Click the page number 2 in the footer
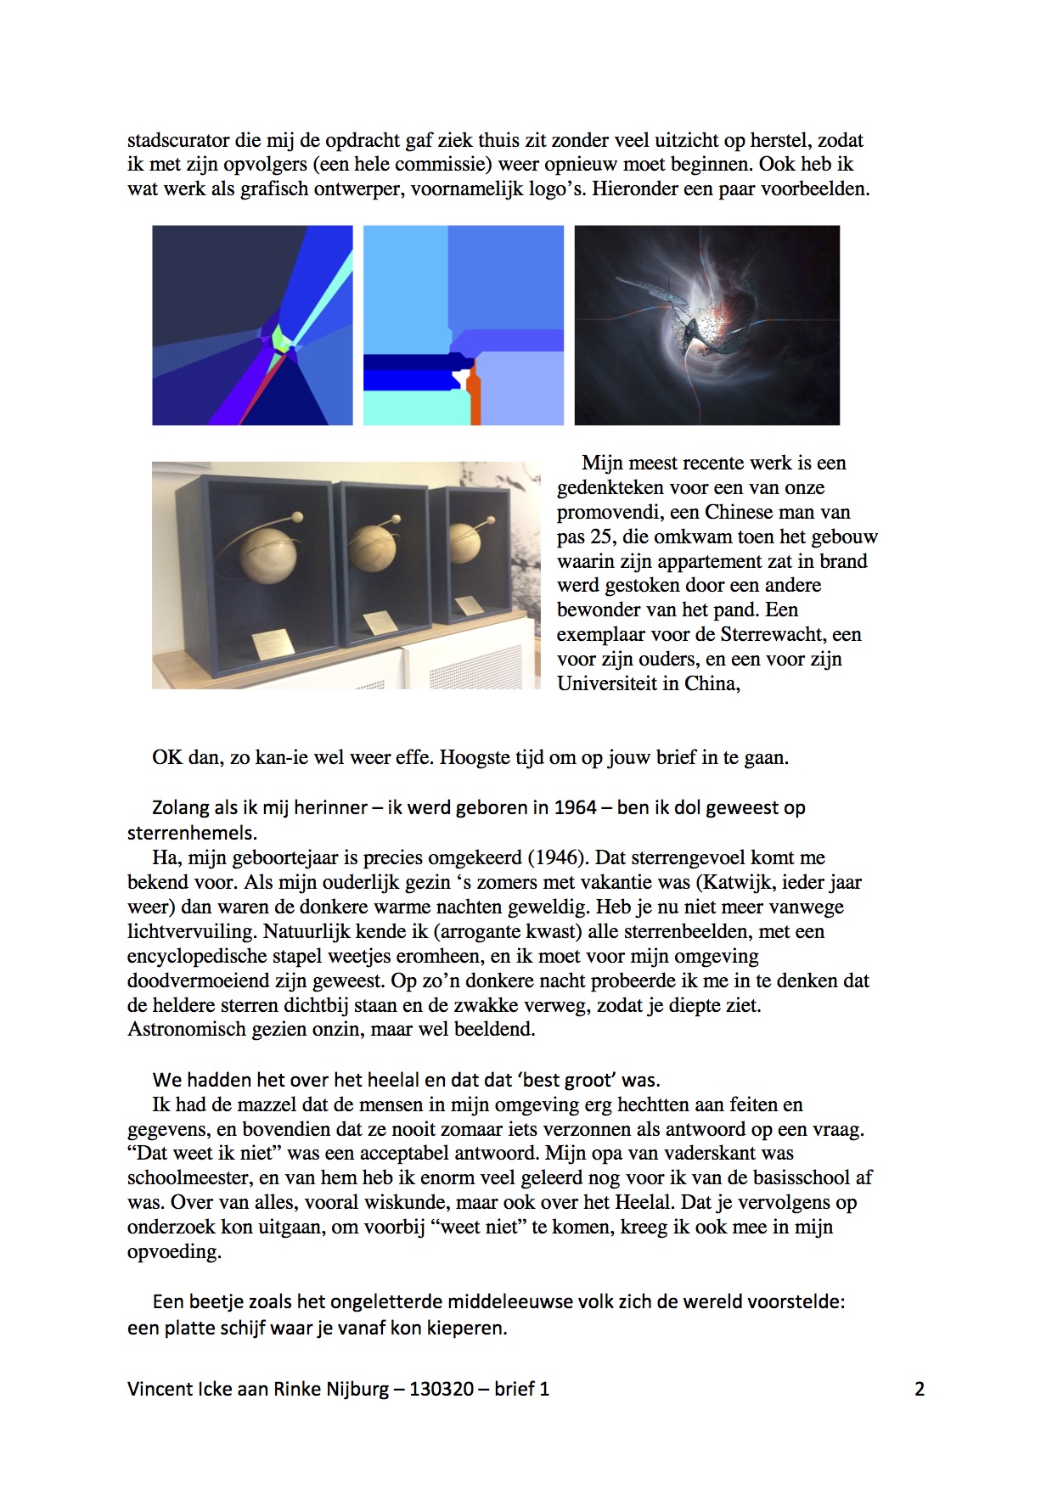(919, 1389)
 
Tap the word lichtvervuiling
(192, 931)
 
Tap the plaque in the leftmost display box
(274, 643)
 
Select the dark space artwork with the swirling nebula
(706, 324)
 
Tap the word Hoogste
(475, 757)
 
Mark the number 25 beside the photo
(603, 537)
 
